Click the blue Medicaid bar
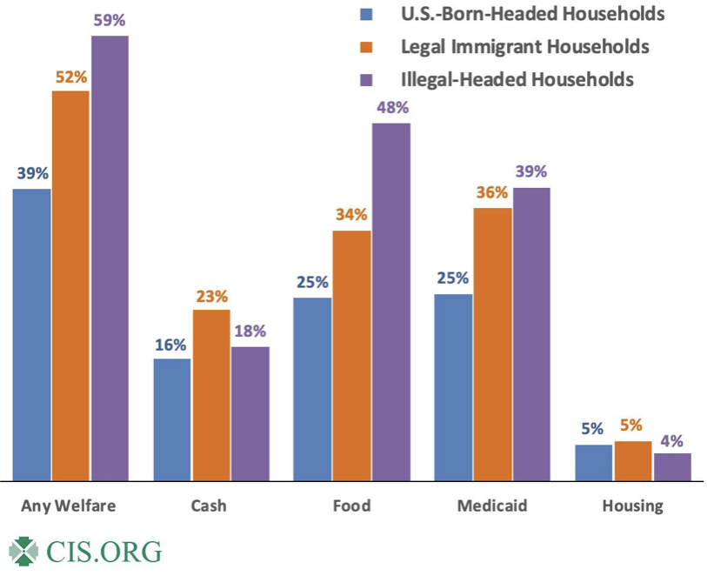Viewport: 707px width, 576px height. [x=452, y=386]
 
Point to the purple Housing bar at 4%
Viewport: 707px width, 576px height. [x=672, y=466]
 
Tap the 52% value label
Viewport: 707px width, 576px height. [x=70, y=77]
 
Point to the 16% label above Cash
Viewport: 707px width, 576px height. [x=171, y=345]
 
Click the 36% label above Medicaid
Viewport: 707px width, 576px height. [x=492, y=193]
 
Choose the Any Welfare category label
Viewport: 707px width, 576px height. [x=69, y=506]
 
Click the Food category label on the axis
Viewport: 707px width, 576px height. [x=351, y=506]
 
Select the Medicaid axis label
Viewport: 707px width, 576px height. [x=492, y=506]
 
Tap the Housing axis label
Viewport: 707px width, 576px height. [x=633, y=506]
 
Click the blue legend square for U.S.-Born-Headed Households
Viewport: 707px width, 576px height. [x=366, y=15]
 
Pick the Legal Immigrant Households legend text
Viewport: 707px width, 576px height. [x=525, y=45]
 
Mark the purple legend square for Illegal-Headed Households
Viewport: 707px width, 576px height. [x=366, y=79]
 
